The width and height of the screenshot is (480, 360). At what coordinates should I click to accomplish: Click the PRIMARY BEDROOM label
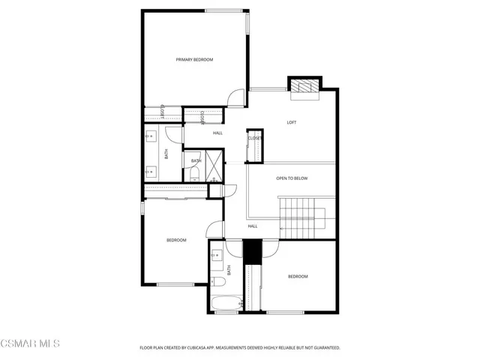(194, 59)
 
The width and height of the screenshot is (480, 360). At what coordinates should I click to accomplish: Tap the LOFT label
(292, 122)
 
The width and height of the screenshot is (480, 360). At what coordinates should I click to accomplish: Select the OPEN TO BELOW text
(292, 178)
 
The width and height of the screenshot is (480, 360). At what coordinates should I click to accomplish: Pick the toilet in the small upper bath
(194, 173)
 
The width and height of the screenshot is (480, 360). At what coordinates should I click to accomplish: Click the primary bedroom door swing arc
(237, 97)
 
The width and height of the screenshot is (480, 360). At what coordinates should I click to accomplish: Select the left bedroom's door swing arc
(214, 230)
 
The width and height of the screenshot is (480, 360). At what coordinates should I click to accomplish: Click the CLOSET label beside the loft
(255, 138)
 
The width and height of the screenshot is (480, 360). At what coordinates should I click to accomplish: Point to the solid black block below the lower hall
(252, 250)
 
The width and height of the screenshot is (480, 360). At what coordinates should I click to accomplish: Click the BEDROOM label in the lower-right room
(298, 277)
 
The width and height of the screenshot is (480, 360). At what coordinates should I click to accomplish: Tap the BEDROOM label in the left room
(176, 240)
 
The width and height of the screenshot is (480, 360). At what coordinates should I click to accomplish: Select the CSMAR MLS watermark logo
(30, 343)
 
